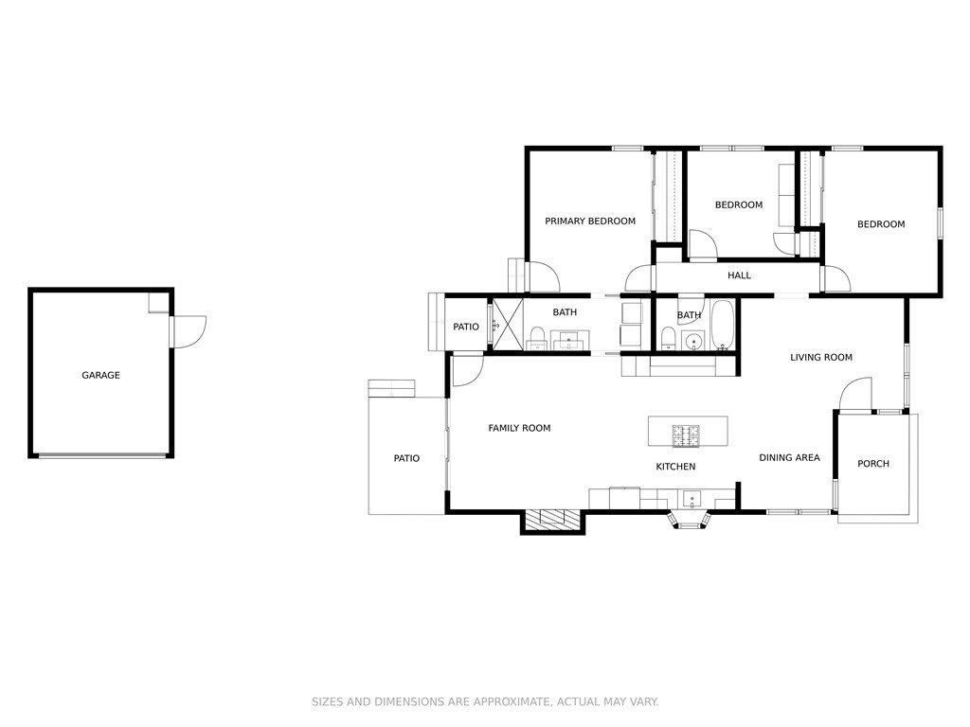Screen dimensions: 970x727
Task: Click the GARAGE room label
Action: (x=100, y=375)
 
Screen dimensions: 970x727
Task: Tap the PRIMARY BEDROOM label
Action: (x=590, y=222)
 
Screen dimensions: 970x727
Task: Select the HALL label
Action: (x=739, y=275)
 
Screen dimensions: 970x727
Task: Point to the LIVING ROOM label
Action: (x=821, y=357)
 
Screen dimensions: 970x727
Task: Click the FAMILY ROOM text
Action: (x=520, y=428)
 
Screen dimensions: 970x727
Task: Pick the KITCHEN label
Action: (x=675, y=467)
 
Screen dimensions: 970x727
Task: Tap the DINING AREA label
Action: (x=789, y=457)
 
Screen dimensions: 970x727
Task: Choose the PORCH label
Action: (x=873, y=464)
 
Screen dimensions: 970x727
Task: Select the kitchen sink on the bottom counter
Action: (x=691, y=498)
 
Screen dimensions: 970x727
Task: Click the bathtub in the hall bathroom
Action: (x=722, y=325)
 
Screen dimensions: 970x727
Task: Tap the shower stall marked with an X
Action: (x=508, y=325)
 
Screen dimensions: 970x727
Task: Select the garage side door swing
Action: (x=189, y=331)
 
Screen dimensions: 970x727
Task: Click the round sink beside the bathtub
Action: (x=694, y=341)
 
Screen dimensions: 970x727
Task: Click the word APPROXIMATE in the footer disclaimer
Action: (x=511, y=701)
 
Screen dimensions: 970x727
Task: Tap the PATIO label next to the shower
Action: (x=466, y=327)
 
